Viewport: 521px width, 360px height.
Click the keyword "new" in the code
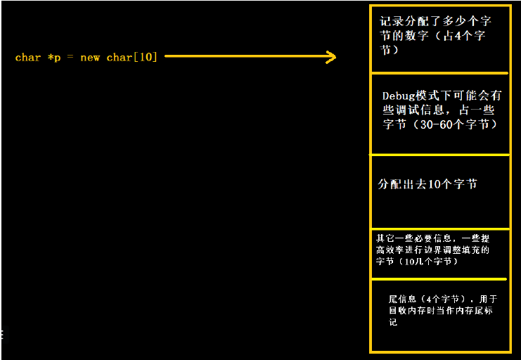(x=90, y=58)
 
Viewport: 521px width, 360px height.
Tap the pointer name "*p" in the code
(x=54, y=58)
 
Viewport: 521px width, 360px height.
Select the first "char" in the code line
(x=28, y=58)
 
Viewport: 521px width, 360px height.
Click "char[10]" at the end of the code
(x=131, y=58)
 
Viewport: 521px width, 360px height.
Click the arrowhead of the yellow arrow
(x=331, y=57)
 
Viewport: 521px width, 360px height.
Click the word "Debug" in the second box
(x=398, y=95)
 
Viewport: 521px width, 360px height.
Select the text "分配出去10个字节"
(x=427, y=184)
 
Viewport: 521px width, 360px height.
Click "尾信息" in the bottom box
(x=402, y=299)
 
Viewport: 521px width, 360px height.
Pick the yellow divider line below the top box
(x=439, y=72)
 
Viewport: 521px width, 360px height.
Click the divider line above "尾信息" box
(x=439, y=278)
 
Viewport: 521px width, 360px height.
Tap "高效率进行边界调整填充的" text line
(x=432, y=250)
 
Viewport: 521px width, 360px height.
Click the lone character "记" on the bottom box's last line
(x=393, y=322)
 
